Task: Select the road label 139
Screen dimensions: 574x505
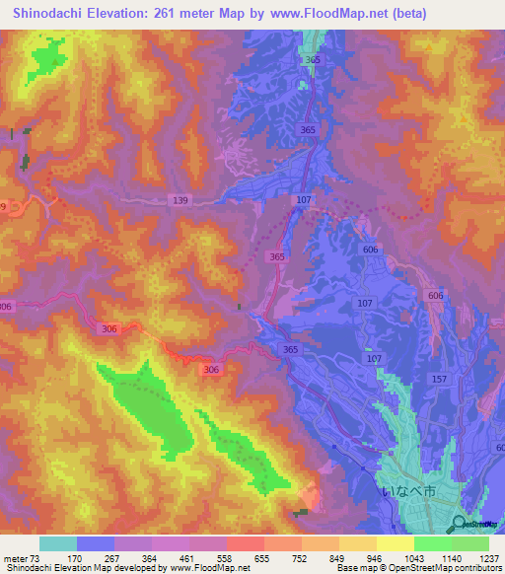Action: click(180, 200)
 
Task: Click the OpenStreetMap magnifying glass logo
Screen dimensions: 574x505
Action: click(461, 524)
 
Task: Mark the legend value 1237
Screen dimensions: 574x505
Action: click(488, 559)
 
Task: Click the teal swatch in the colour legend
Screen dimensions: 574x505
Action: click(57, 543)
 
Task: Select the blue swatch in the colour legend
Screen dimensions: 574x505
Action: click(95, 543)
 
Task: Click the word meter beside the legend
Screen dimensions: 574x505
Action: click(14, 559)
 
